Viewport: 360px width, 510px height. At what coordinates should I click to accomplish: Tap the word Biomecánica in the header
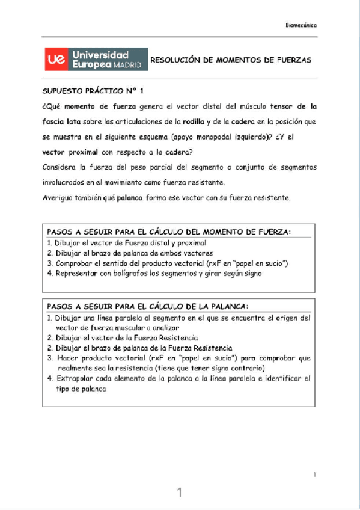click(301, 25)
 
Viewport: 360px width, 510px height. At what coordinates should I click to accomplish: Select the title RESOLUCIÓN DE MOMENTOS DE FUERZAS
click(230, 61)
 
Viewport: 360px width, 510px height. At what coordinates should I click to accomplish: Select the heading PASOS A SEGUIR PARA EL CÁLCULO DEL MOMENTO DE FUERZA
click(169, 232)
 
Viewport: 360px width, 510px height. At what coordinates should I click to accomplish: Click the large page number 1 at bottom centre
click(179, 493)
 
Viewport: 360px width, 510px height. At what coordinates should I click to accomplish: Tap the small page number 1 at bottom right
click(315, 475)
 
